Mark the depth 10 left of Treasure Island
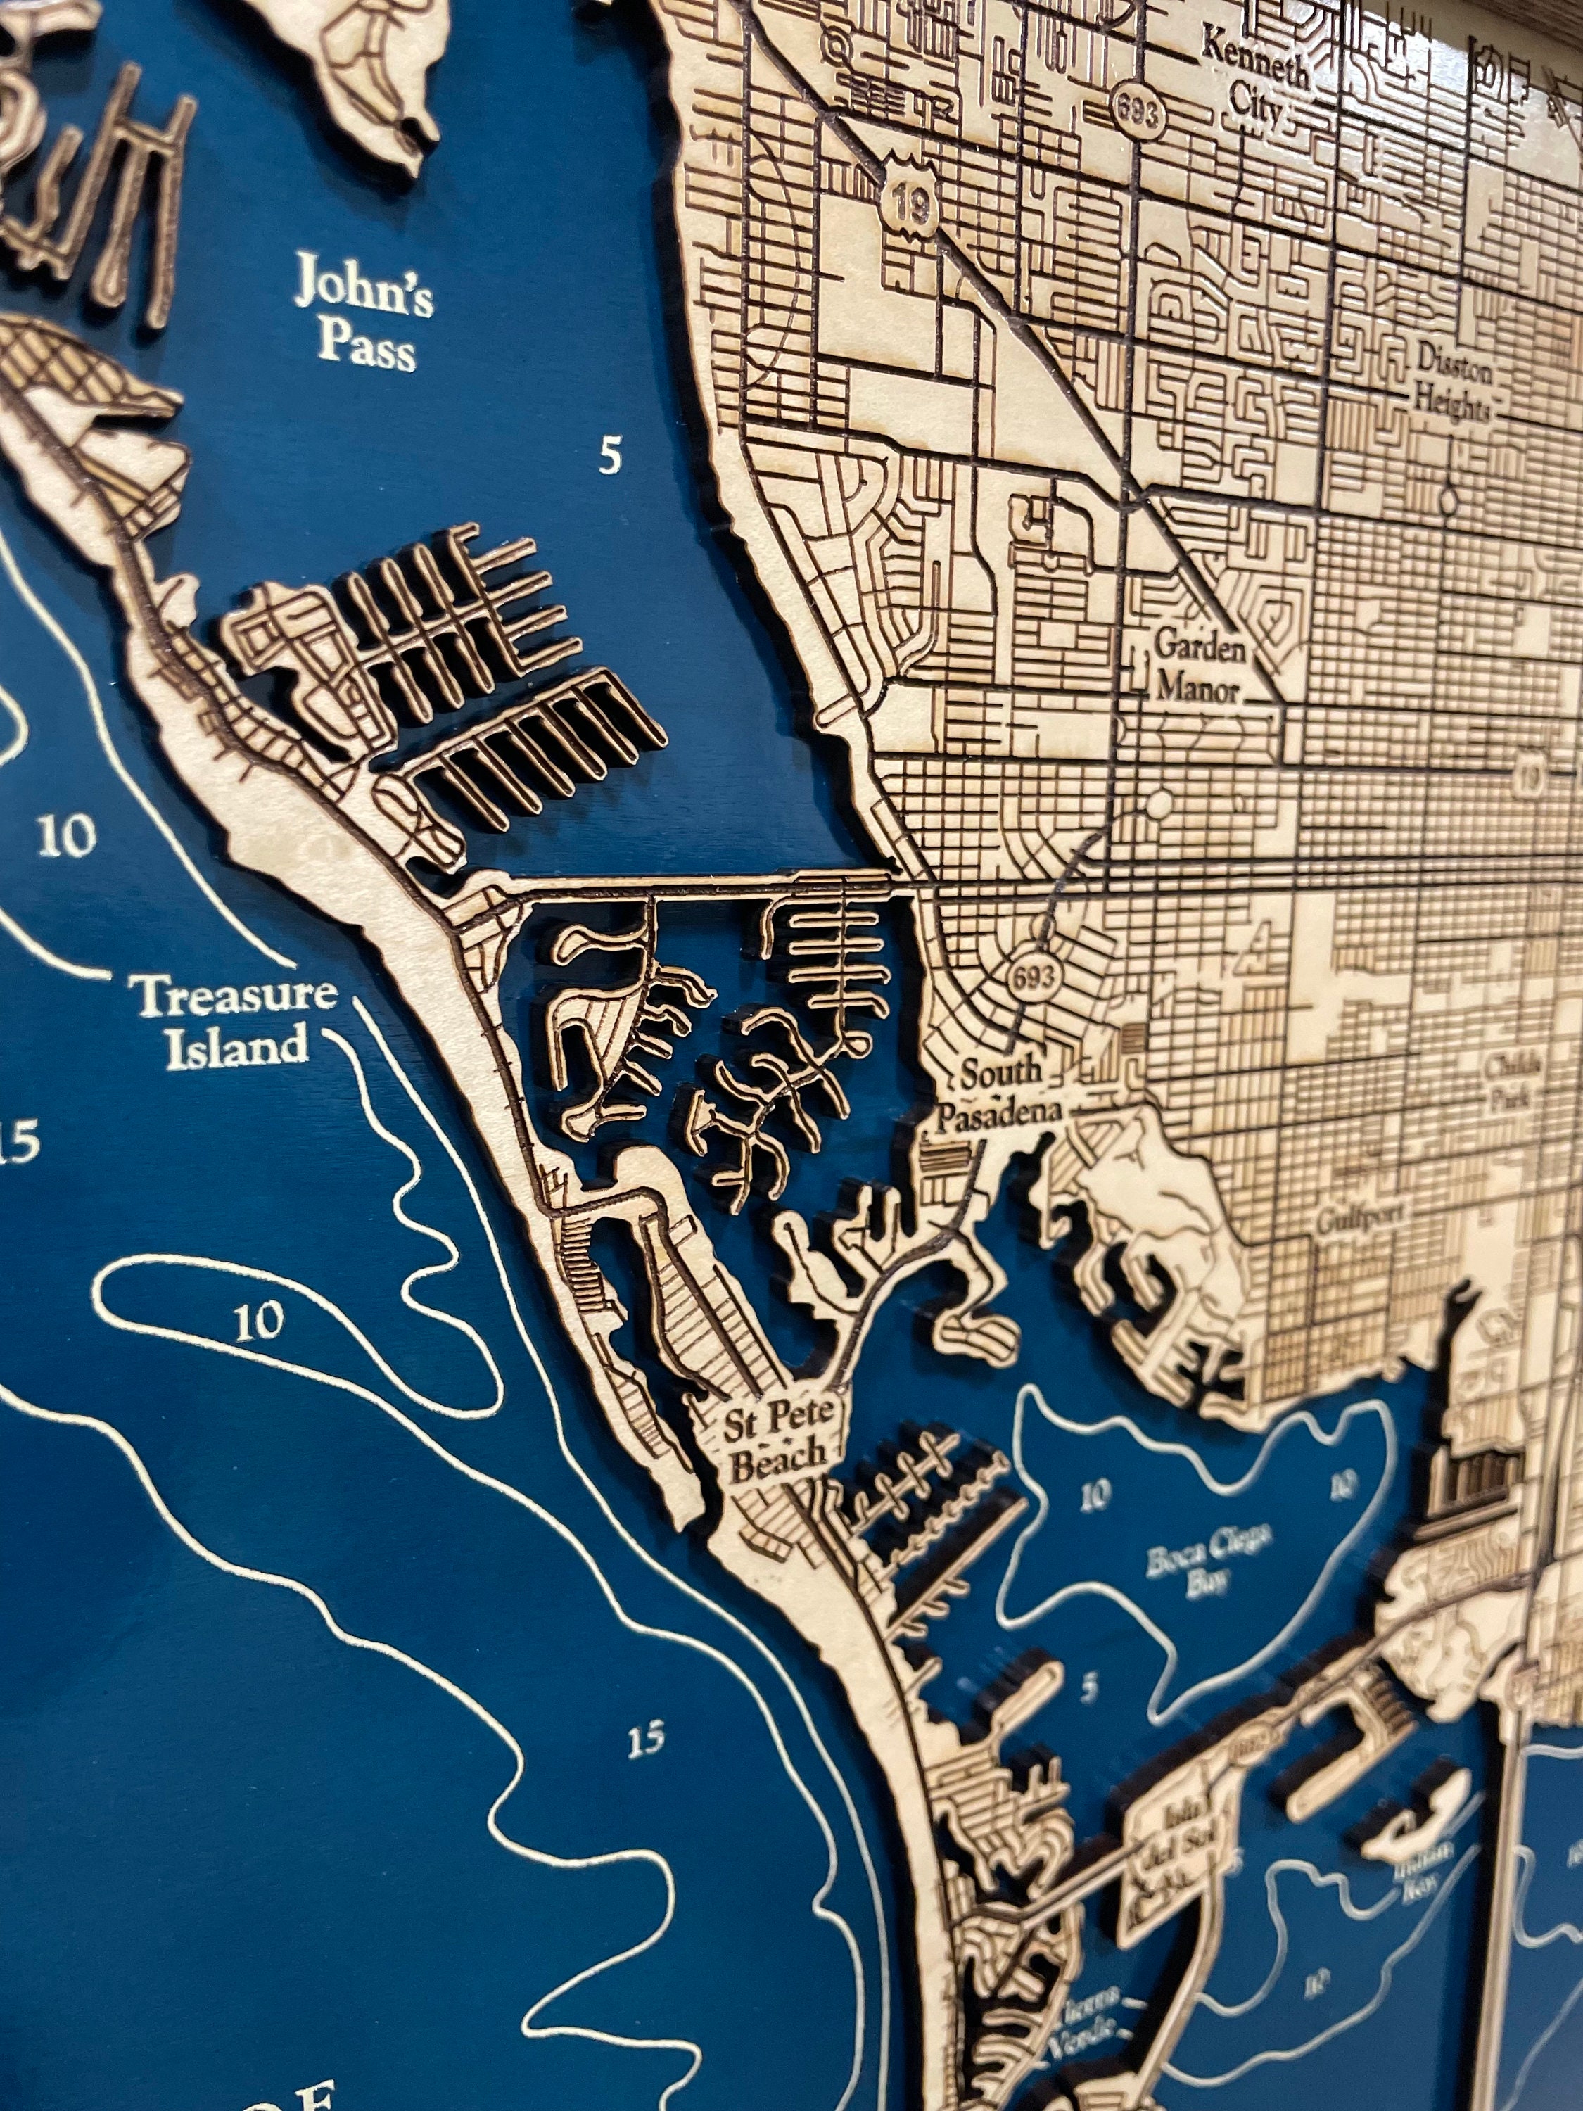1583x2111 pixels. coord(68,835)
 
